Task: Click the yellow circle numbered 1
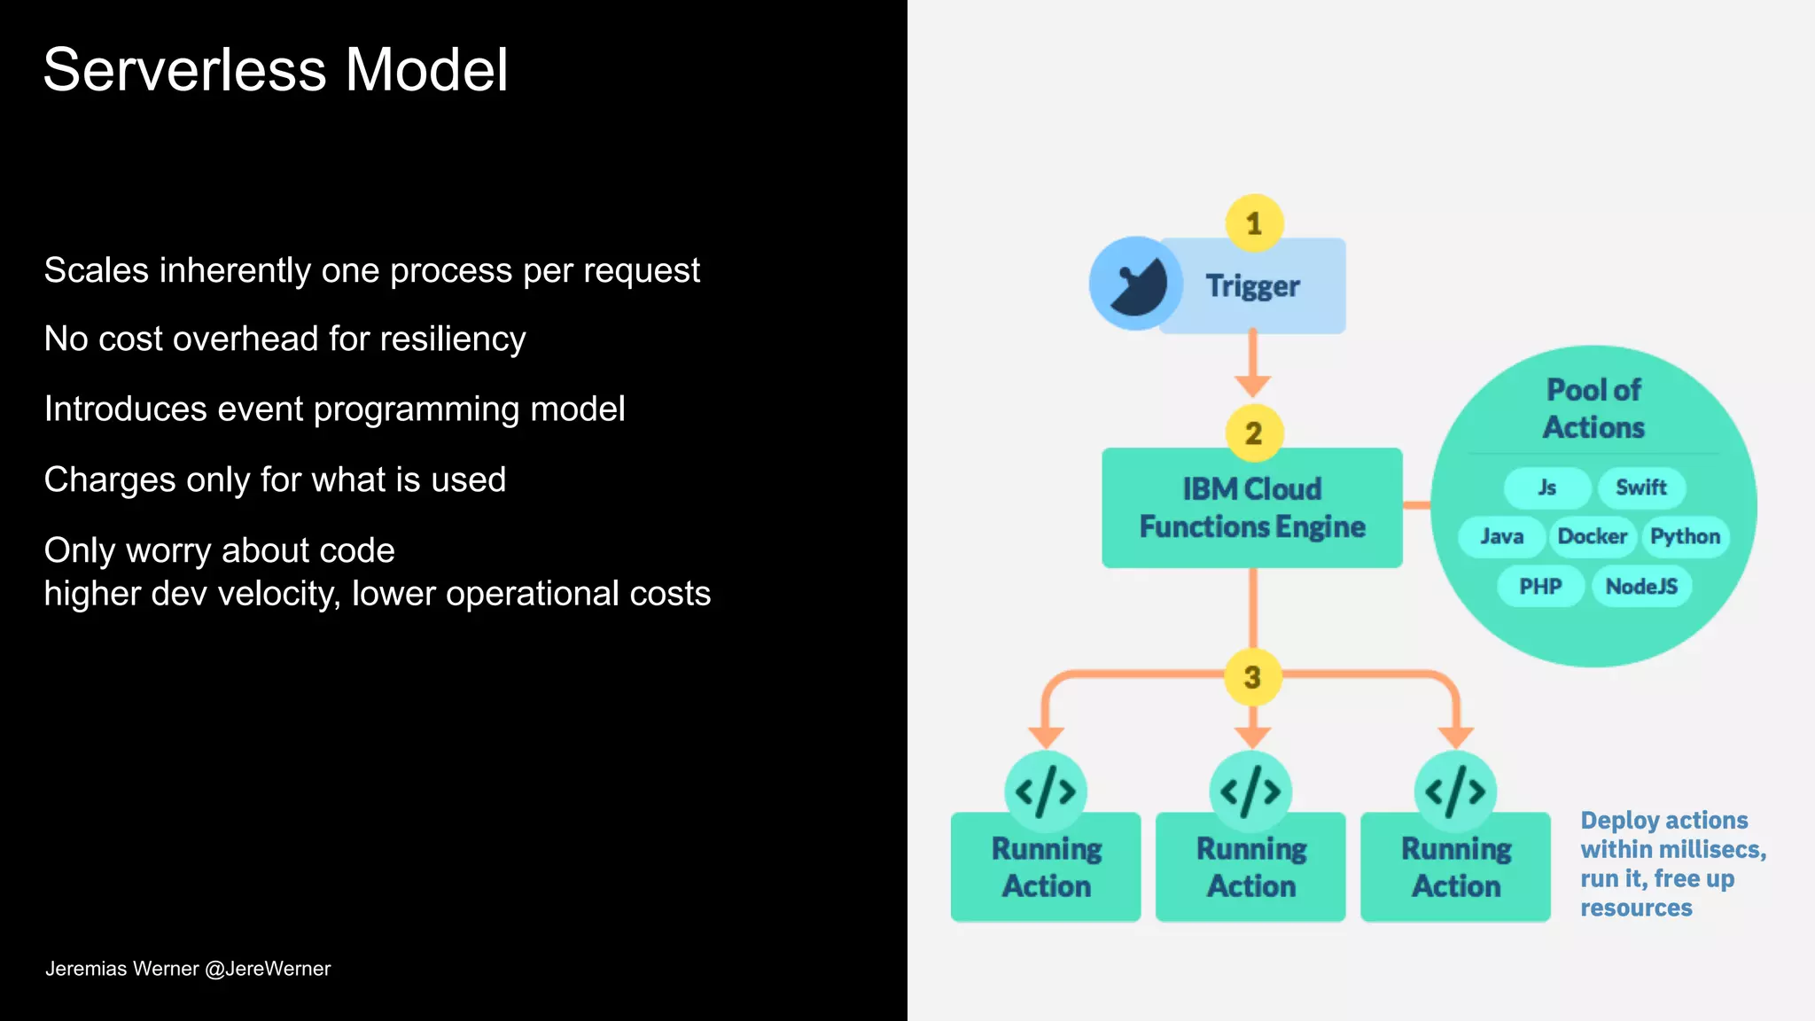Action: click(1253, 223)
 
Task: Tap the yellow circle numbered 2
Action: click(1253, 433)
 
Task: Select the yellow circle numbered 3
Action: click(1252, 677)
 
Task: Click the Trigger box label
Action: click(1252, 286)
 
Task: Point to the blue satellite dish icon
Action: click(1135, 284)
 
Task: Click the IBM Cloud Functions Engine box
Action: click(1251, 508)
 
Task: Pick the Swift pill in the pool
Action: click(1640, 487)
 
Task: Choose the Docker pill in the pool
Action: click(1592, 536)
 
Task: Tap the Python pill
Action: click(1685, 536)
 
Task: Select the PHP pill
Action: click(1540, 586)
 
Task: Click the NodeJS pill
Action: click(1641, 586)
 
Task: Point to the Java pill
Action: click(1501, 536)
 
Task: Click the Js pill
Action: click(1547, 487)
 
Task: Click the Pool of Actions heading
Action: click(1593, 409)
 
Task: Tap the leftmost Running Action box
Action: click(1046, 867)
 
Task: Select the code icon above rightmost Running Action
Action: click(1455, 791)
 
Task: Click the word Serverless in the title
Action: click(184, 70)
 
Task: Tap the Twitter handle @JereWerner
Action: click(268, 969)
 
